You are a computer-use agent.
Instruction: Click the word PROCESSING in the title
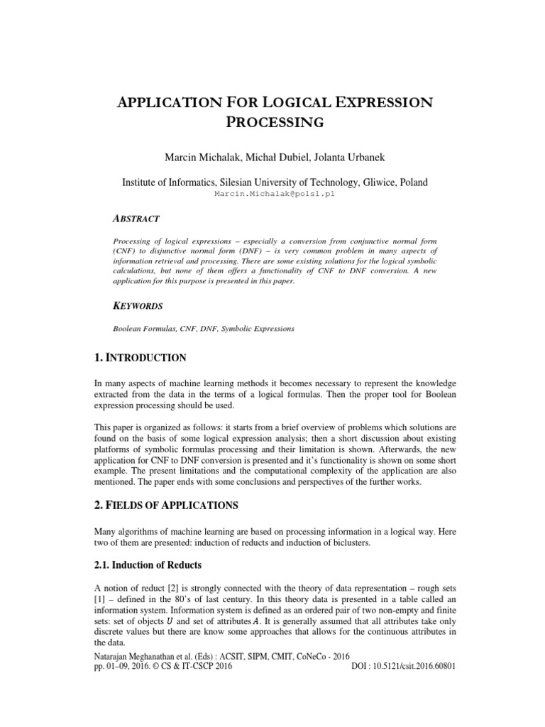275,122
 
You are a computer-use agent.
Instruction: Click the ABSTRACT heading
136,219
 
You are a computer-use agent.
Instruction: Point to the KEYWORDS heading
138,306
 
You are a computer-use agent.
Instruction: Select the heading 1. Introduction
141,357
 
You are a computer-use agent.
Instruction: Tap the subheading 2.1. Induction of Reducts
148,565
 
